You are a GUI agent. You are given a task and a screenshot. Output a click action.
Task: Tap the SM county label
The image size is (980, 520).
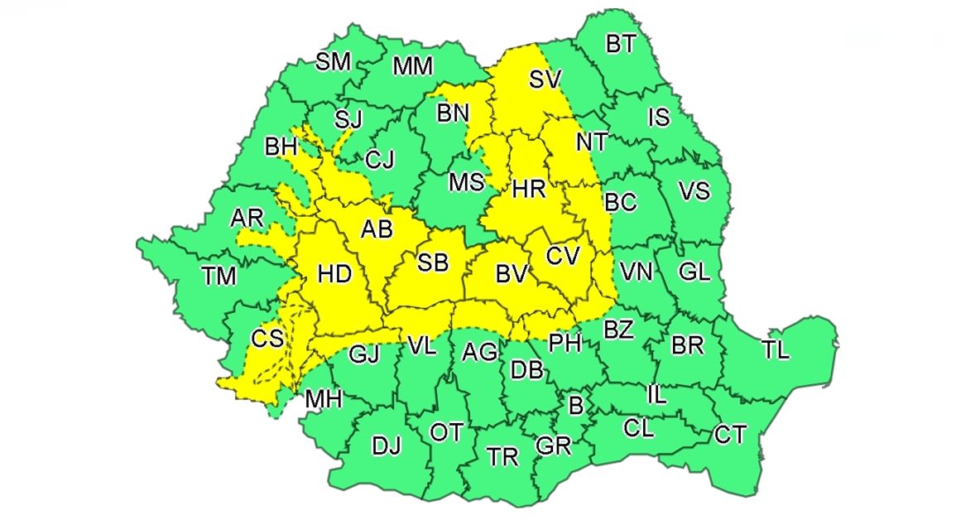[334, 61]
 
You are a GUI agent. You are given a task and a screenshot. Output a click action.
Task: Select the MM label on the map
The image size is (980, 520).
[412, 66]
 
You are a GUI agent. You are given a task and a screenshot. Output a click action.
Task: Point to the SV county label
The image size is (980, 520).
[545, 79]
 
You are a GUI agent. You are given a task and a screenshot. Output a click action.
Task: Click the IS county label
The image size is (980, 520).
[658, 118]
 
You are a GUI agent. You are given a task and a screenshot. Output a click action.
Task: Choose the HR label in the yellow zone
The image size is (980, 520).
[529, 190]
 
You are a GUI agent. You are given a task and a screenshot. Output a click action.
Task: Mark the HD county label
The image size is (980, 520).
[335, 273]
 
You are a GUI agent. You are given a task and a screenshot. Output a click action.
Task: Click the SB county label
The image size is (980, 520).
[432, 263]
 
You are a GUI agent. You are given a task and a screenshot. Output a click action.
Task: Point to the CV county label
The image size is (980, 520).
[563, 257]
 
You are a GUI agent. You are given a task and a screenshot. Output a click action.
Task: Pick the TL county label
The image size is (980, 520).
[776, 350]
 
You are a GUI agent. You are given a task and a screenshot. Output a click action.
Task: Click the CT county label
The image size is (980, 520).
[730, 435]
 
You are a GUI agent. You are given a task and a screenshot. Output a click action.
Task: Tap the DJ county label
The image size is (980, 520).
[386, 447]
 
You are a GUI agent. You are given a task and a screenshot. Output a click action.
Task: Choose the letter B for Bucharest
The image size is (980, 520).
[574, 406]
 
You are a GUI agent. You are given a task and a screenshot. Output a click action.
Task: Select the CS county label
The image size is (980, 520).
[267, 338]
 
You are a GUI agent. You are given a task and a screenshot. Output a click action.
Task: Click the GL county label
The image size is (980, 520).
[694, 271]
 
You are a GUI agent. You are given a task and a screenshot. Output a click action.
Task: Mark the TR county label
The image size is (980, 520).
[502, 456]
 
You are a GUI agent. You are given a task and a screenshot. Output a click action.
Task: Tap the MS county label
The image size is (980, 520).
[466, 182]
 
